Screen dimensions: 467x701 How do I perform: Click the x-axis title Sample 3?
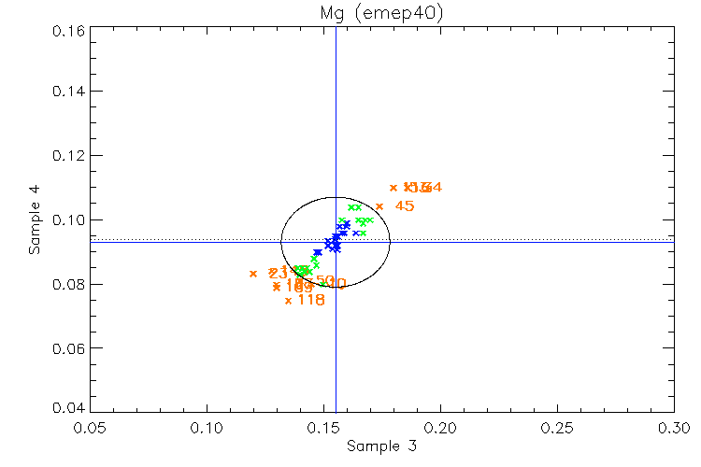[380, 446]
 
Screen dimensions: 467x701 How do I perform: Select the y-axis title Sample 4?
[35, 220]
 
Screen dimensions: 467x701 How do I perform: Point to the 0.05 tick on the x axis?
[90, 426]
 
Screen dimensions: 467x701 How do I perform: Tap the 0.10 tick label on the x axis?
[207, 426]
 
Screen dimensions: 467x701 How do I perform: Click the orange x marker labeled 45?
[379, 206]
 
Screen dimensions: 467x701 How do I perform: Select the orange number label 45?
[405, 206]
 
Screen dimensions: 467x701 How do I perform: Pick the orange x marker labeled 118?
[288, 301]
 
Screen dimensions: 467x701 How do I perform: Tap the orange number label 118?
[311, 301]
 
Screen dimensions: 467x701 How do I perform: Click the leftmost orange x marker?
[253, 274]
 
